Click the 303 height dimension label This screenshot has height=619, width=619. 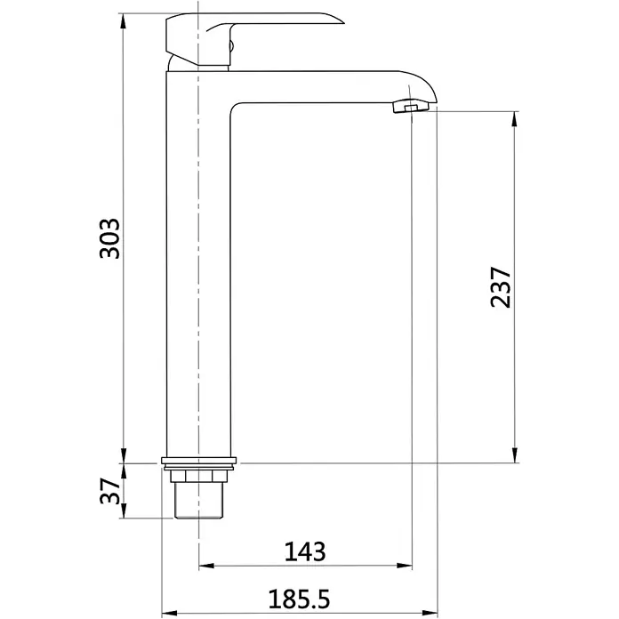coord(109,238)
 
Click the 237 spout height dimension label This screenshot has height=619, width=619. coord(500,287)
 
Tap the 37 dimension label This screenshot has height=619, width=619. coord(109,491)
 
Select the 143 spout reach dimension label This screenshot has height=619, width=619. coord(305,551)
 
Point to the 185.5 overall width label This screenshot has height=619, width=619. coord(299,599)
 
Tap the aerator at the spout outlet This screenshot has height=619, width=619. coord(411,107)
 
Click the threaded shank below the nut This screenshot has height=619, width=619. coord(199,501)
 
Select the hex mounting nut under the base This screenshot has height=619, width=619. coord(199,476)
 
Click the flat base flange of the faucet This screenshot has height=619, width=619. coord(199,461)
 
